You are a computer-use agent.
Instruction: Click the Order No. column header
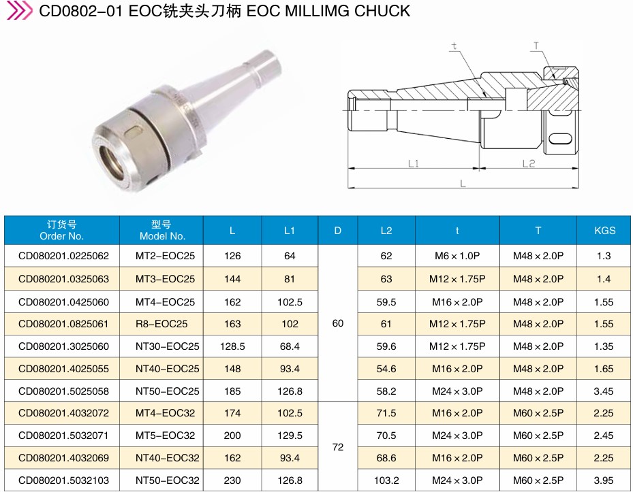click(x=61, y=230)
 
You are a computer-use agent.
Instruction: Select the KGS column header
click(x=605, y=231)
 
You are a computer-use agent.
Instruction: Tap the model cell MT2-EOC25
click(x=165, y=256)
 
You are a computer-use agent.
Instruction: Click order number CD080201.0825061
click(x=64, y=324)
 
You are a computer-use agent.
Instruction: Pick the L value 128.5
click(x=232, y=346)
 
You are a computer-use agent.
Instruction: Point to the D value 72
click(x=338, y=447)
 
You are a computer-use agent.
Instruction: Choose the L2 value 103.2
click(x=386, y=480)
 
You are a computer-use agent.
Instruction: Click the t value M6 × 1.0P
click(x=457, y=256)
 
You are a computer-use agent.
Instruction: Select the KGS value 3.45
click(x=604, y=391)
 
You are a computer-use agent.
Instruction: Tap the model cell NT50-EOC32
click(x=168, y=480)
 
